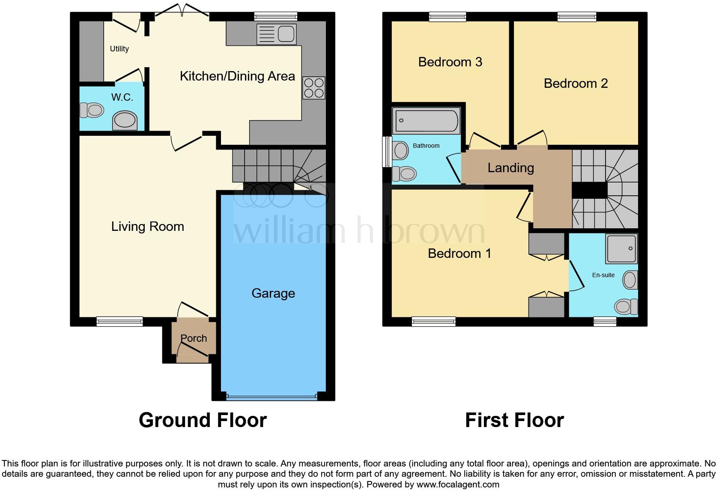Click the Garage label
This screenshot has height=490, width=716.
click(x=273, y=293)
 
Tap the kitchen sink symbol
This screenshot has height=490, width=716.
click(x=276, y=34)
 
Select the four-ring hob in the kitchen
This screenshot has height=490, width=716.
click(x=313, y=88)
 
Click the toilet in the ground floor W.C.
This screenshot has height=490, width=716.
click(x=92, y=110)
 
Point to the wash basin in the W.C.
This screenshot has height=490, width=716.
click(x=125, y=120)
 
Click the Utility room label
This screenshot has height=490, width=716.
click(x=119, y=49)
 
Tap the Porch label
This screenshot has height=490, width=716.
click(x=194, y=338)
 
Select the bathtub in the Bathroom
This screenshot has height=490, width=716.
click(x=426, y=121)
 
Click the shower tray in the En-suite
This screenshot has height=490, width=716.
click(x=621, y=249)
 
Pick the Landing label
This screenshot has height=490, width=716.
click(x=510, y=167)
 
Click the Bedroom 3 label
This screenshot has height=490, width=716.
click(x=450, y=62)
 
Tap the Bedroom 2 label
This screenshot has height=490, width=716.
click(x=576, y=83)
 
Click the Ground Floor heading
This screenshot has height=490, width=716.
click(x=203, y=420)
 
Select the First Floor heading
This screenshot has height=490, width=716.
click(x=514, y=420)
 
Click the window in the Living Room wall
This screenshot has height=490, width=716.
click(x=119, y=321)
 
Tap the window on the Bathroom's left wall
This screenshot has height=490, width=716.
click(x=386, y=152)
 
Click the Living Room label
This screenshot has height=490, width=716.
click(x=147, y=227)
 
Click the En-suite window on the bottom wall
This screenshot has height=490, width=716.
click(x=605, y=321)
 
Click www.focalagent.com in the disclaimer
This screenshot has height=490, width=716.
click(x=458, y=485)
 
